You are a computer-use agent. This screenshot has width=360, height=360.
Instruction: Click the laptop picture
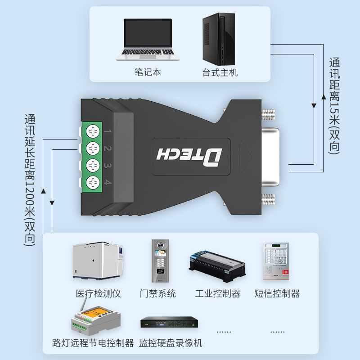148,40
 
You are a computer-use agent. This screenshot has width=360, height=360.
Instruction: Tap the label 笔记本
148,72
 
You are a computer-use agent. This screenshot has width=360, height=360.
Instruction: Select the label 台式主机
220,72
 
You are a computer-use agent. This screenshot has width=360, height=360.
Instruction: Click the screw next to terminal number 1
93,132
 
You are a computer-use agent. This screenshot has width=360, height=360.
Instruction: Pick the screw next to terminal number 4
93,182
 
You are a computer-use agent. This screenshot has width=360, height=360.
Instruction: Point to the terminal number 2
107,148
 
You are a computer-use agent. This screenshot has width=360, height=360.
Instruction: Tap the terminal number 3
107,166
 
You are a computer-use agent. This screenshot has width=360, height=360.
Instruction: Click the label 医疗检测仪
99,294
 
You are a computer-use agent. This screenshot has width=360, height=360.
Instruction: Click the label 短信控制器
277,294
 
